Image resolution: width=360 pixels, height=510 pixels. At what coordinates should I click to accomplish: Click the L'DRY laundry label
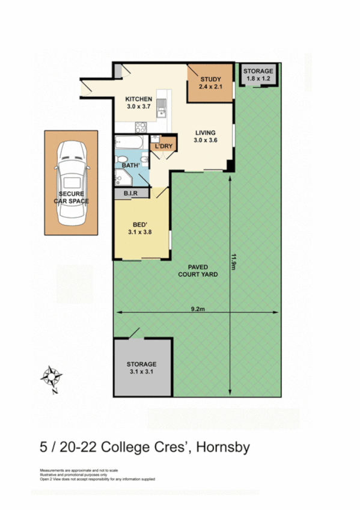coord(163,147)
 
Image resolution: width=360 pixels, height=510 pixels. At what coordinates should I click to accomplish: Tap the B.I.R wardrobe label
coord(132,193)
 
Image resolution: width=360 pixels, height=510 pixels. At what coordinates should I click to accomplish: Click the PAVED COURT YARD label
coord(198,269)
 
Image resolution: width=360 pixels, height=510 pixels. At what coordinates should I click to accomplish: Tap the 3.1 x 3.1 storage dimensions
coord(141,372)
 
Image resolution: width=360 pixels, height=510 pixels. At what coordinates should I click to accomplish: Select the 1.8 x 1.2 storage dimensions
coord(258,78)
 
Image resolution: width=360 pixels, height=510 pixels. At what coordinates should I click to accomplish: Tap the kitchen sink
coord(161,108)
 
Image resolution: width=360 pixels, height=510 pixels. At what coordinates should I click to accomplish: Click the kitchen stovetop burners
coord(141,127)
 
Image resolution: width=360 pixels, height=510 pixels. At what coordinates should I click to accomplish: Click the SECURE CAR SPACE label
coord(71,198)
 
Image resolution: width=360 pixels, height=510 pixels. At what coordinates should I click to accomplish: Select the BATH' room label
coord(132,165)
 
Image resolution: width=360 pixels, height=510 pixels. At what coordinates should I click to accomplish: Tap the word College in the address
coord(126,447)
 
